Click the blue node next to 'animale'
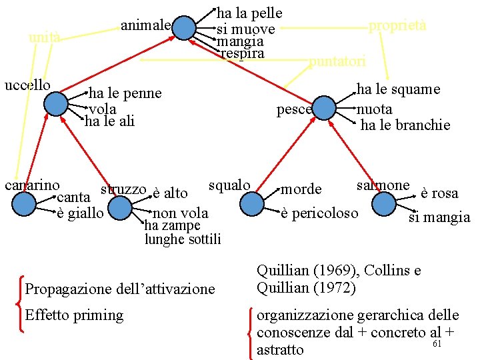(185, 27)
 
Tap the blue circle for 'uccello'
(56, 104)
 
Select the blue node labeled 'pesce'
(324, 108)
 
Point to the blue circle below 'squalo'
(251, 204)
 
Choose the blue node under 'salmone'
(384, 205)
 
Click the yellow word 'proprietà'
(397, 25)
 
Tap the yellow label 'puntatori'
(337, 61)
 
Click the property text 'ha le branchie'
(405, 125)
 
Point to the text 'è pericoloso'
(319, 213)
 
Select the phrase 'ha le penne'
(125, 93)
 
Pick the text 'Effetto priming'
(74, 315)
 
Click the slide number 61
(438, 343)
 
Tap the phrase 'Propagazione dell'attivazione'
(120, 289)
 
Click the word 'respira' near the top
(242, 53)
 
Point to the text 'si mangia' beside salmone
(439, 217)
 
